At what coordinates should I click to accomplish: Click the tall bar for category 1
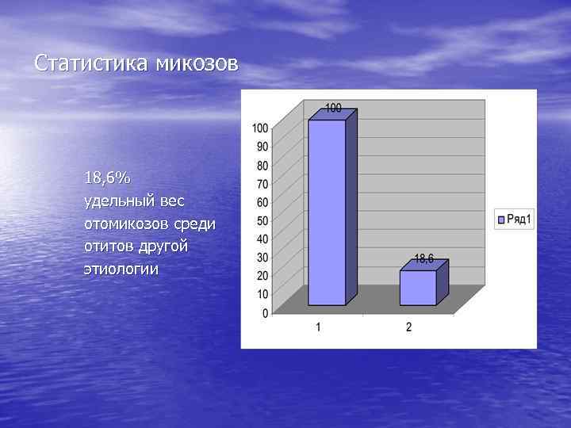(x=327, y=212)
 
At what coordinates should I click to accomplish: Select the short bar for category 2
(x=418, y=288)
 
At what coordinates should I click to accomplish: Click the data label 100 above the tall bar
(x=334, y=108)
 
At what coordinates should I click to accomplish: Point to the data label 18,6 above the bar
(x=424, y=258)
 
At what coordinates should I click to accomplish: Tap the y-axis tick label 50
(x=262, y=220)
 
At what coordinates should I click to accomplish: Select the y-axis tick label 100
(x=260, y=128)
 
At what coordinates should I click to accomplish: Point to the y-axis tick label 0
(x=265, y=313)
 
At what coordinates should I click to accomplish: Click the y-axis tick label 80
(x=262, y=166)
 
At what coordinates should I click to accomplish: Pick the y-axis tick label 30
(x=262, y=258)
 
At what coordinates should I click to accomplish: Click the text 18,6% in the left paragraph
(x=109, y=177)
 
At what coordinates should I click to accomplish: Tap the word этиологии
(x=121, y=269)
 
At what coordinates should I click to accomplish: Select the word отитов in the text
(x=110, y=246)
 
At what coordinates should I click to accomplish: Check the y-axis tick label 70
(x=262, y=184)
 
